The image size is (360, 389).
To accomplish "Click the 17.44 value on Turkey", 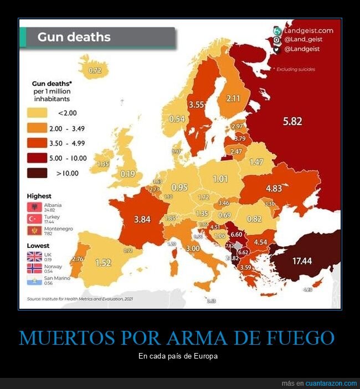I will point(302,260).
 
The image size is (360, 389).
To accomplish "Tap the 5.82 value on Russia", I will point(292,121).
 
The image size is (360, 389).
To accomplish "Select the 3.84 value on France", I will point(142,219).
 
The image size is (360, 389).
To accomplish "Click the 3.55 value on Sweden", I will point(197,103).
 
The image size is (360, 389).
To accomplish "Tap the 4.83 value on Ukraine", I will point(274,188).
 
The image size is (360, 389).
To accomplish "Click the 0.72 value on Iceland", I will point(95,70).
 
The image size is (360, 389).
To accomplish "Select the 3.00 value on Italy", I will point(192,249).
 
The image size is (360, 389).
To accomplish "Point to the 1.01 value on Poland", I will point(220,179).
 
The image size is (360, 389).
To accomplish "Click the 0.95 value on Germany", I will point(179,187).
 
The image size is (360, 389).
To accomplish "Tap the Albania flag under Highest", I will point(35,207).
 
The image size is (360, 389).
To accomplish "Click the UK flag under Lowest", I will point(35,256).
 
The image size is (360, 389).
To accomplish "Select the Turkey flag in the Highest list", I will point(35,218).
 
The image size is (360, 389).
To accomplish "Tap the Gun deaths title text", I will point(74,38).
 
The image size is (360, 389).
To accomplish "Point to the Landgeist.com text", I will point(308,30).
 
